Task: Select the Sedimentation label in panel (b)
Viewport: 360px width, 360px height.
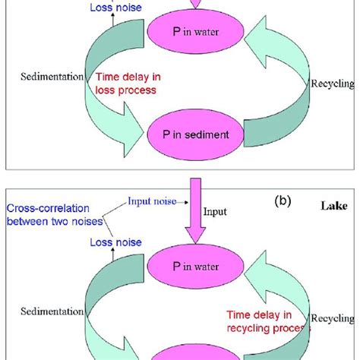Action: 52,311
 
